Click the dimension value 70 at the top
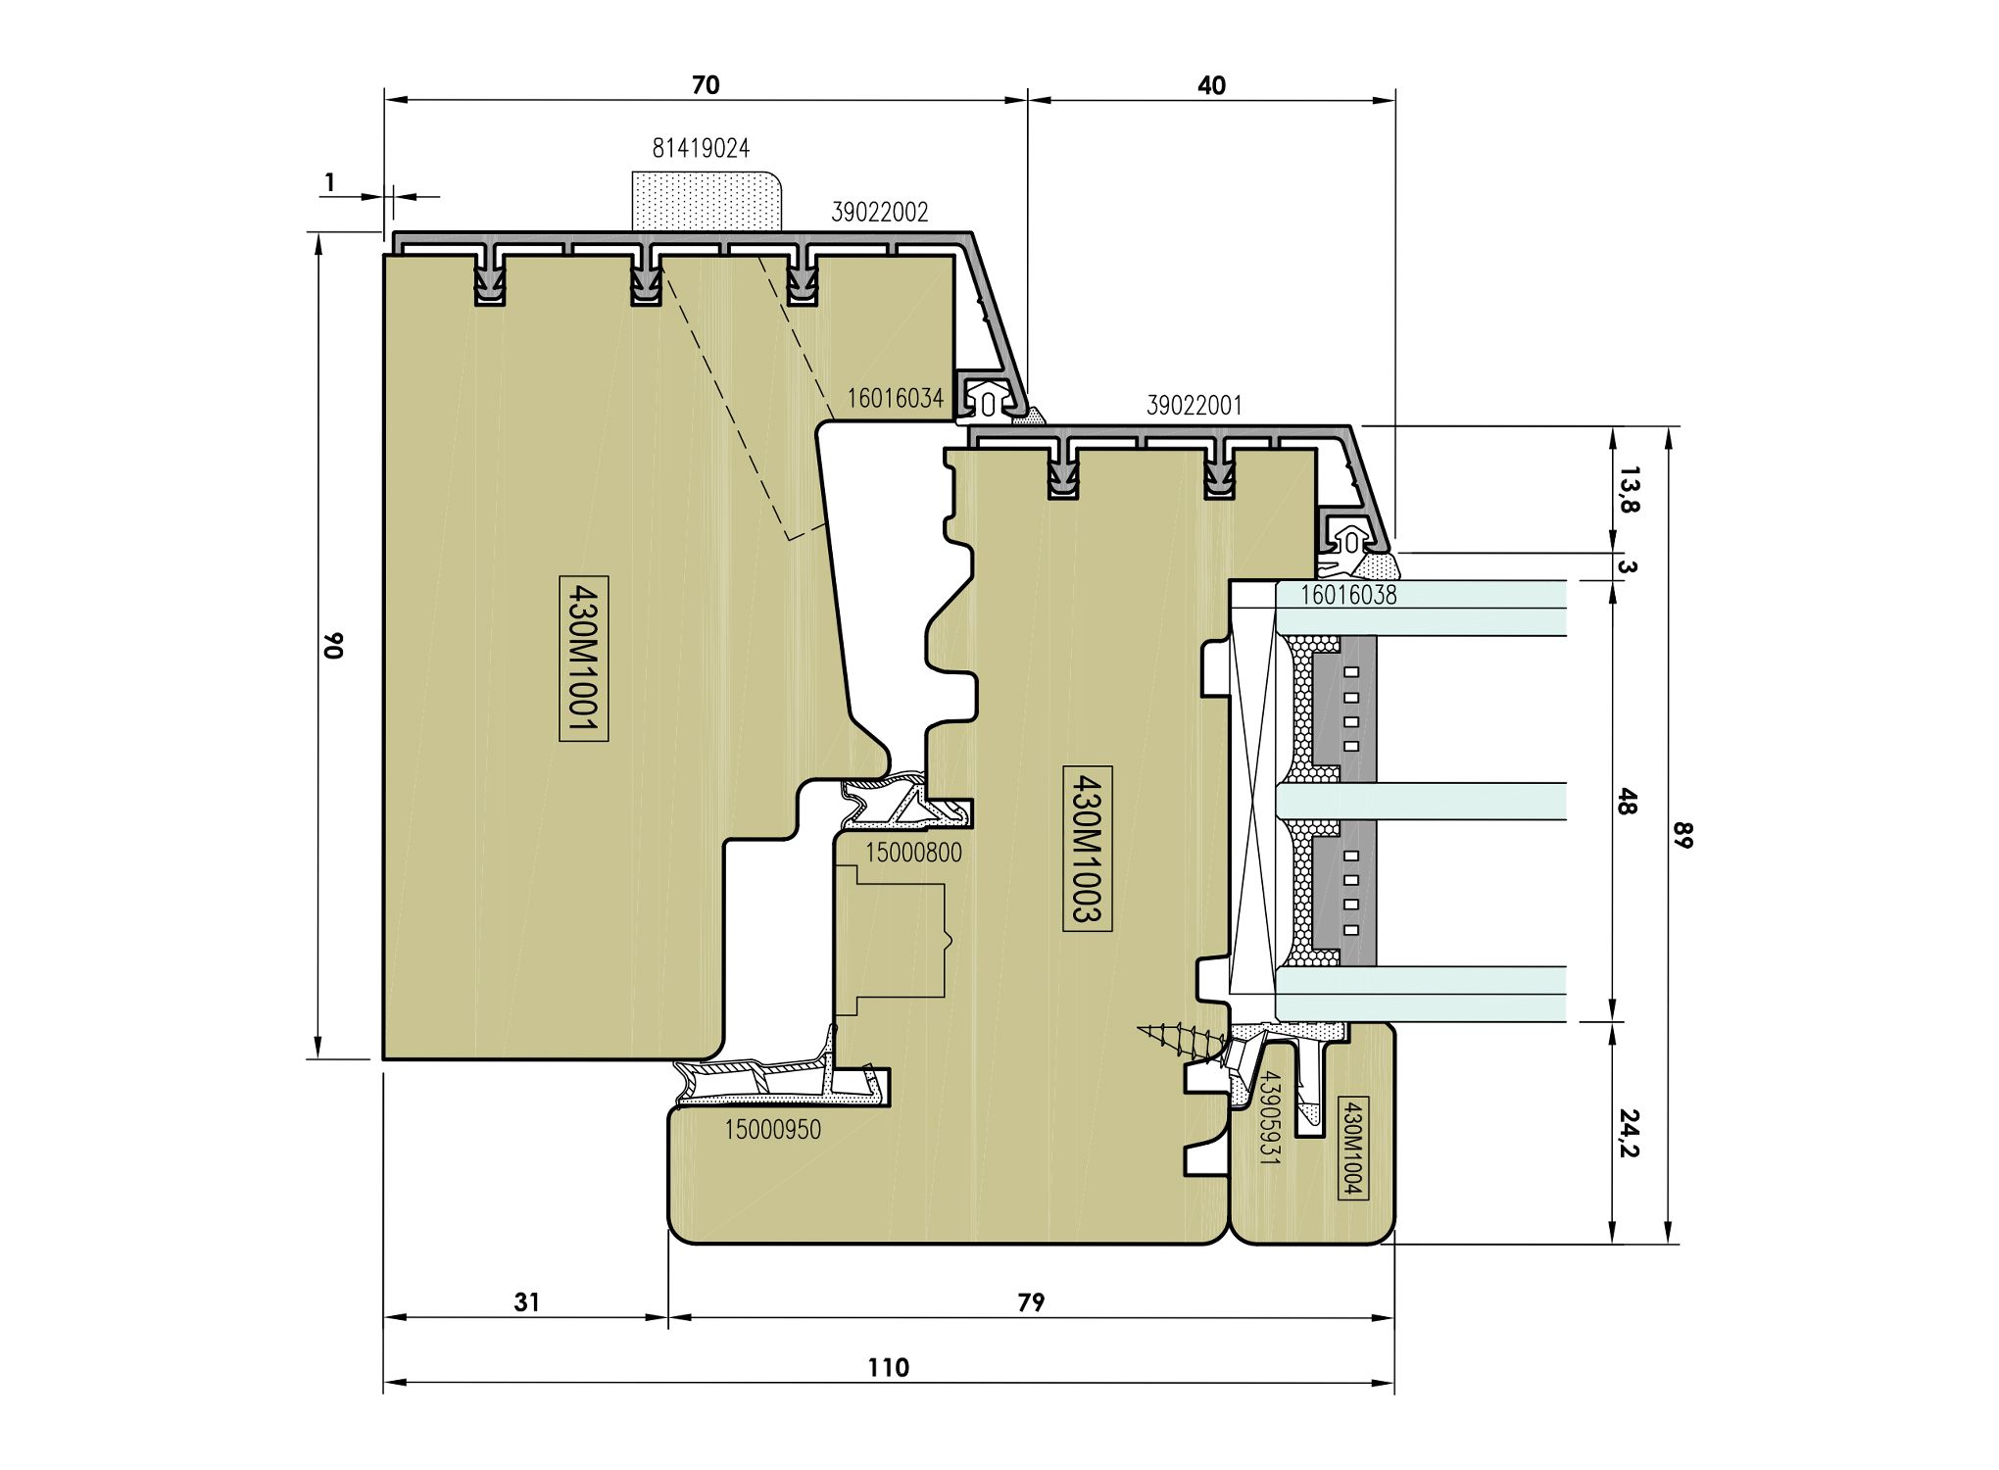click(706, 85)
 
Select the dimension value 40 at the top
click(1211, 85)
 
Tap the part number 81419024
click(702, 148)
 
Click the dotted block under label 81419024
click(707, 201)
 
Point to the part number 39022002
click(880, 212)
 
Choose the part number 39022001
click(1195, 405)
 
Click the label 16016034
click(896, 398)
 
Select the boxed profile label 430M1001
click(584, 659)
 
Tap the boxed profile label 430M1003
click(1088, 848)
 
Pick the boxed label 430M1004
click(1352, 1148)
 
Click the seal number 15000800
click(913, 853)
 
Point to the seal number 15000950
click(773, 1130)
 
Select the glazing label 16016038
click(1349, 595)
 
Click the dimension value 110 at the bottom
click(888, 1367)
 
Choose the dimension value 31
click(527, 1301)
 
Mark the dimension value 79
click(1031, 1301)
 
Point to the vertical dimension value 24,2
click(1629, 1133)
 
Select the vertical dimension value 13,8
click(1629, 490)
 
